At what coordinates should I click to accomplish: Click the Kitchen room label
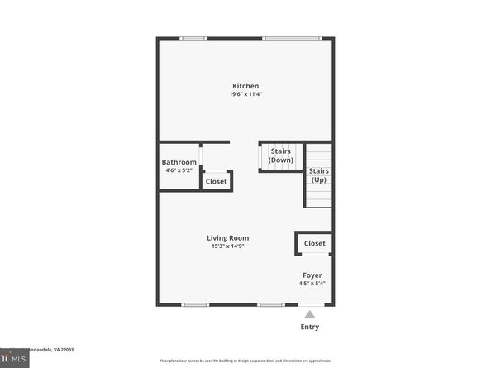(x=245, y=86)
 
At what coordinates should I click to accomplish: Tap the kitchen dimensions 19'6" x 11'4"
(x=245, y=94)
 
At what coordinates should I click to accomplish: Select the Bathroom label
(x=179, y=162)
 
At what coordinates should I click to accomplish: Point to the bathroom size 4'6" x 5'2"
(x=179, y=170)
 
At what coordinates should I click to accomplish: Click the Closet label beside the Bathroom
(x=217, y=181)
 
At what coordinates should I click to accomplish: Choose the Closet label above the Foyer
(x=314, y=243)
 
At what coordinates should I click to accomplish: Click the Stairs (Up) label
(x=318, y=175)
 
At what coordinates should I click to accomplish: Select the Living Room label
(x=228, y=238)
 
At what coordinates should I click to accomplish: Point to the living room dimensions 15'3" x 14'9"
(x=228, y=246)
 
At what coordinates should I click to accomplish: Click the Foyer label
(x=312, y=275)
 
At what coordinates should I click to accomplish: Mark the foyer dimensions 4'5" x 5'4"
(x=312, y=284)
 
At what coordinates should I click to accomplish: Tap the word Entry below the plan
(x=309, y=327)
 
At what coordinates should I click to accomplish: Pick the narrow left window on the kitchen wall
(x=193, y=38)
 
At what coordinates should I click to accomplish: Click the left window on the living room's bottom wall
(x=195, y=305)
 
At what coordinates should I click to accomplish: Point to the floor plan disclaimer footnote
(x=245, y=361)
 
